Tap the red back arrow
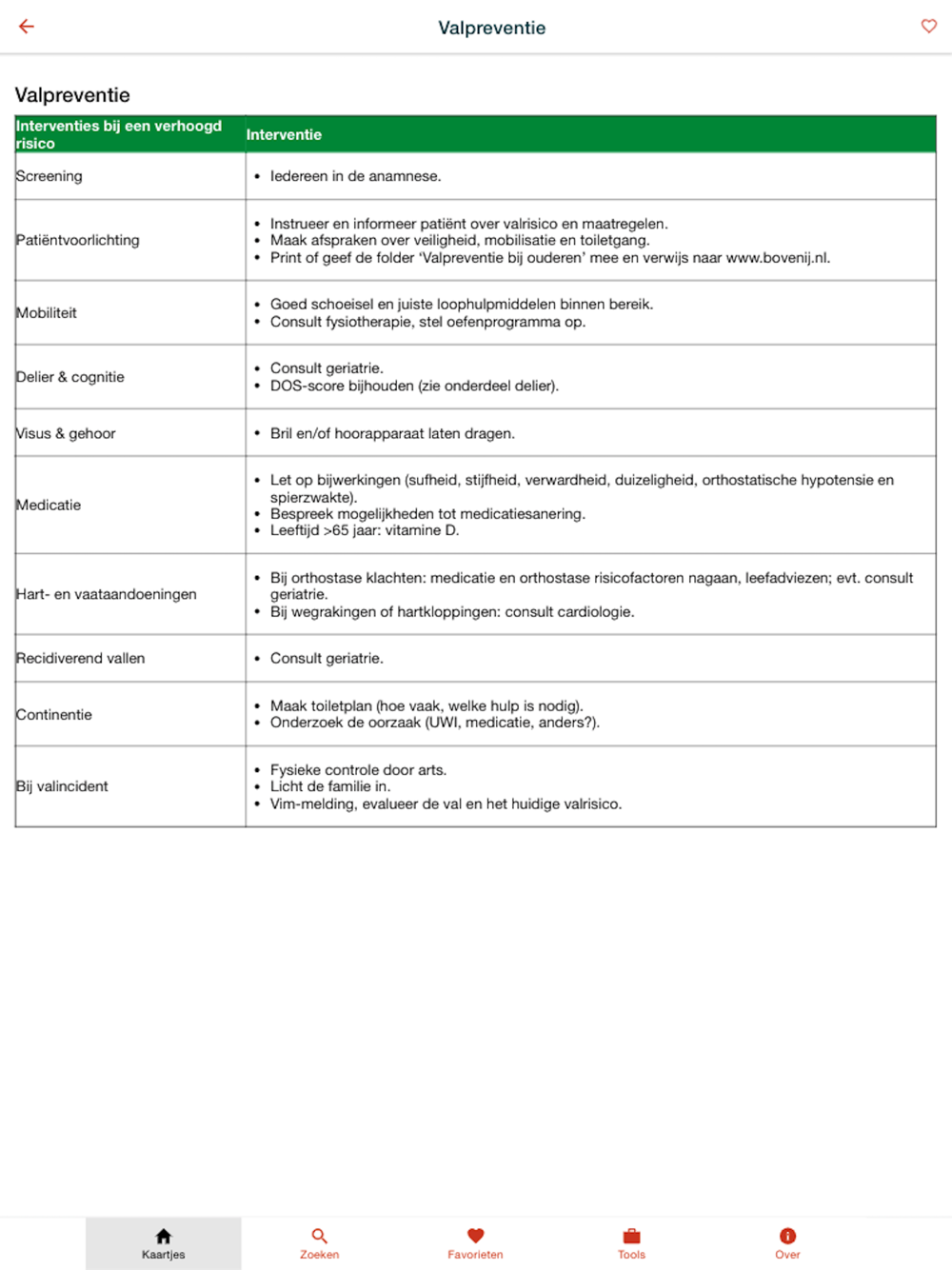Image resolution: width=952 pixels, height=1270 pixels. click(x=27, y=27)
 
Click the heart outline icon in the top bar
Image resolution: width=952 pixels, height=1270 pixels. click(x=928, y=27)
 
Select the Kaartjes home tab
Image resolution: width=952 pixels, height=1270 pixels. click(x=164, y=1242)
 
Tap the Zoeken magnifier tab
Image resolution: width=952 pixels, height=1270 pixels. click(x=319, y=1242)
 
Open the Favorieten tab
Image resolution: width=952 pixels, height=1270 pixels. click(x=475, y=1242)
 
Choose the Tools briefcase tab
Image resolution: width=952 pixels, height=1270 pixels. click(x=631, y=1242)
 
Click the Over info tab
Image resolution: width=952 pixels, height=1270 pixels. click(x=787, y=1242)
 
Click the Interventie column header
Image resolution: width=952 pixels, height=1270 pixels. click(x=284, y=135)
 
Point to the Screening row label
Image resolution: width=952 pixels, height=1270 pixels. click(x=50, y=176)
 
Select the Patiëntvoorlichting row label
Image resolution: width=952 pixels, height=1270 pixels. click(x=78, y=240)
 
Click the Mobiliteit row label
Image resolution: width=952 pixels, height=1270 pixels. click(x=47, y=313)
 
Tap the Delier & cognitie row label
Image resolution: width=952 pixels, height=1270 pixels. click(x=70, y=377)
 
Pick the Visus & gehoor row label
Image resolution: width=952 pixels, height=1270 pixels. click(x=66, y=433)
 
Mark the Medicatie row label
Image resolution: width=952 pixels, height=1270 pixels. click(x=49, y=505)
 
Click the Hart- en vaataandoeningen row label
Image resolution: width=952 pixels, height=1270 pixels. click(x=107, y=594)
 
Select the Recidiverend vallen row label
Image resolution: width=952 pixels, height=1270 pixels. click(x=81, y=658)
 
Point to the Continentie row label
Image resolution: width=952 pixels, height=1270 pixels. click(x=54, y=715)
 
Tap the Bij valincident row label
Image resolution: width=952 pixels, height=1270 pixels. click(x=62, y=786)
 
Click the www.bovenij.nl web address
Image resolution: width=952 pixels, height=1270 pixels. click(x=777, y=258)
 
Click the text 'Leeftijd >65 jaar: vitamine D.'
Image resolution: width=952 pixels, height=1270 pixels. click(x=365, y=530)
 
